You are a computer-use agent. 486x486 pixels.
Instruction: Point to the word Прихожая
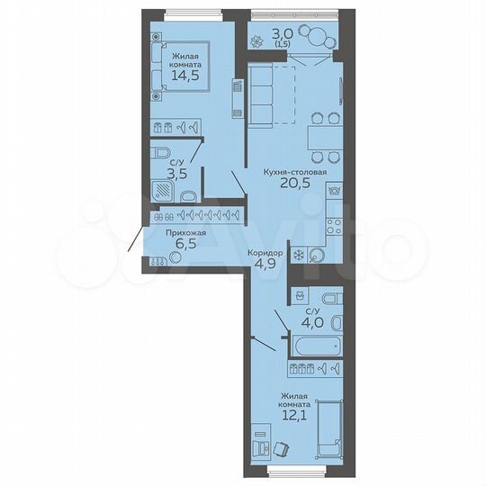click(185, 233)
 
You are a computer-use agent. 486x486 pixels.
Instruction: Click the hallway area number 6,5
click(185, 244)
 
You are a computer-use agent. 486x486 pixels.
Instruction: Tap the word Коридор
click(265, 253)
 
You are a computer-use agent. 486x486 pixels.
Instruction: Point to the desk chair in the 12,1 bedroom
click(283, 447)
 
